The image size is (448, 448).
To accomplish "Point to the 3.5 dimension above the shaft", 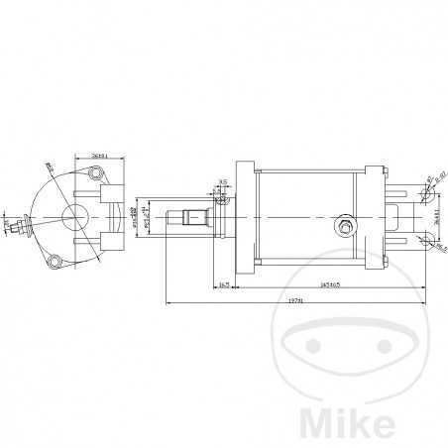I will click(x=223, y=181).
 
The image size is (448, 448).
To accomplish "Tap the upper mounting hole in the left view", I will click(x=96, y=175).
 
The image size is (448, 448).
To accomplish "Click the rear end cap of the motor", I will click(x=376, y=217).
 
